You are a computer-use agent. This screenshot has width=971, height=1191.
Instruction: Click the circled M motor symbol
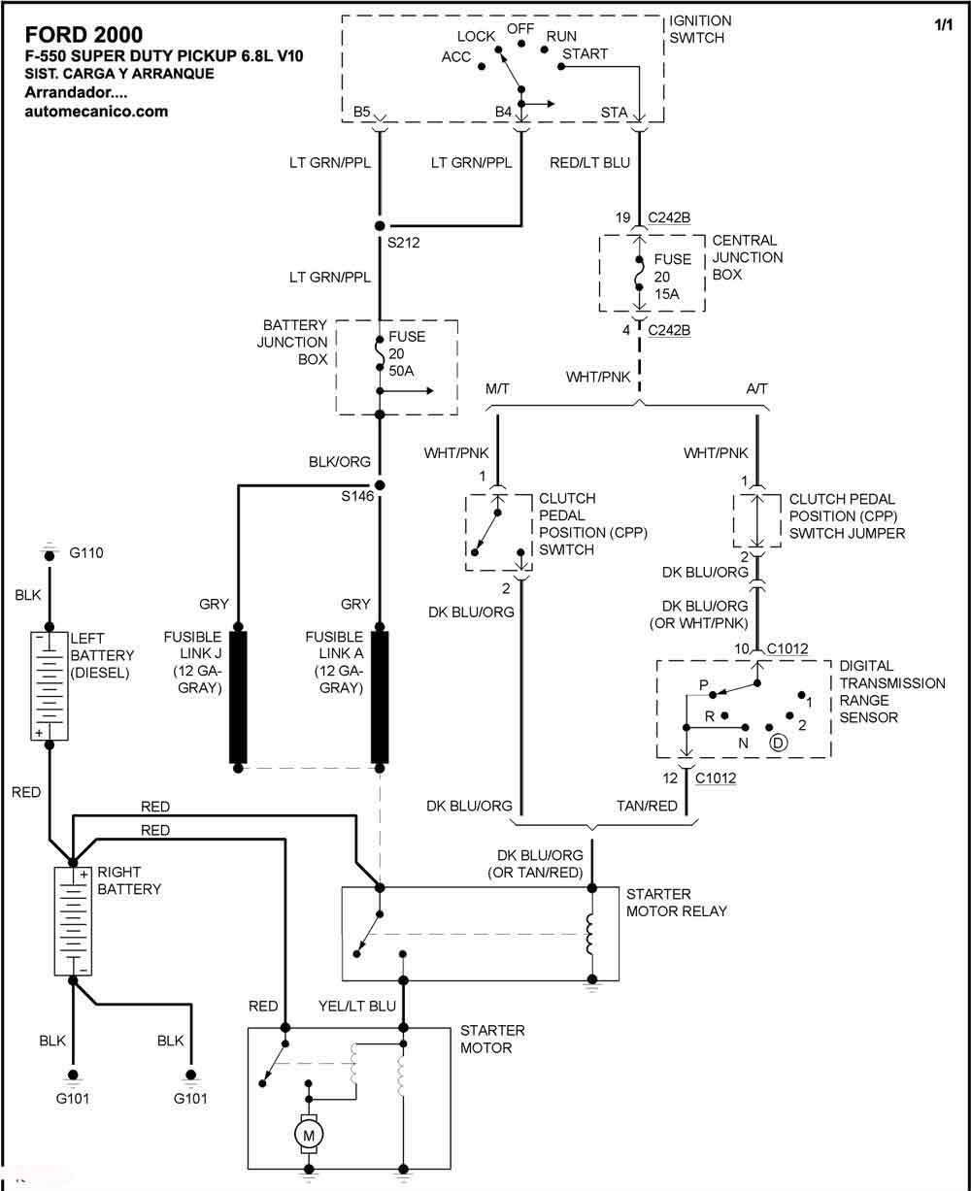309,1135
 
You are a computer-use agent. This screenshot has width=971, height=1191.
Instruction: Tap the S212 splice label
403,243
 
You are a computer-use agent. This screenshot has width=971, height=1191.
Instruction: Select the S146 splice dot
380,484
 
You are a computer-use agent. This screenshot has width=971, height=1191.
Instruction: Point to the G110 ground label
86,553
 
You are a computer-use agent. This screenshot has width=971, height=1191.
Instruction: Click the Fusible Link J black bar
238,697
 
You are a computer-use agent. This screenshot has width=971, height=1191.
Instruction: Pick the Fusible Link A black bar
380,697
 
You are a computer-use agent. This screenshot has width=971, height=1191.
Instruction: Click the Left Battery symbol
50,686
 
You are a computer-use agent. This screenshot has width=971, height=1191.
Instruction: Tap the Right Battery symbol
73,921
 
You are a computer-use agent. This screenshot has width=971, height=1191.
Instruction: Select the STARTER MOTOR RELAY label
676,903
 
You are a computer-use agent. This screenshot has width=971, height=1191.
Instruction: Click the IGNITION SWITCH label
700,29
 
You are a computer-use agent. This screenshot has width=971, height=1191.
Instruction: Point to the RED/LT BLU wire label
589,163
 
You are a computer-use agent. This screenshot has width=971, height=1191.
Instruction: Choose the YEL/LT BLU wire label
357,1006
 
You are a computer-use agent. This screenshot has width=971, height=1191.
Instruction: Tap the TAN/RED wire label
647,806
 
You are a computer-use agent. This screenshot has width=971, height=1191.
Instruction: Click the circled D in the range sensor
778,743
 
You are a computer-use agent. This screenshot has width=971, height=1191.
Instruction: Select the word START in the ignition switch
585,53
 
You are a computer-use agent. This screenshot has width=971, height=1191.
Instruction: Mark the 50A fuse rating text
401,371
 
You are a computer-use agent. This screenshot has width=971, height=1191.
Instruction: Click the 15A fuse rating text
667,294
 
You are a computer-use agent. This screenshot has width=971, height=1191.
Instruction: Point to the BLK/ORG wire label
340,462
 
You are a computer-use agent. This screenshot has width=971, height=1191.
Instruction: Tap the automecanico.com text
96,112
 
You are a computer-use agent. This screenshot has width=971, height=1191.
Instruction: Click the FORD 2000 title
84,35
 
